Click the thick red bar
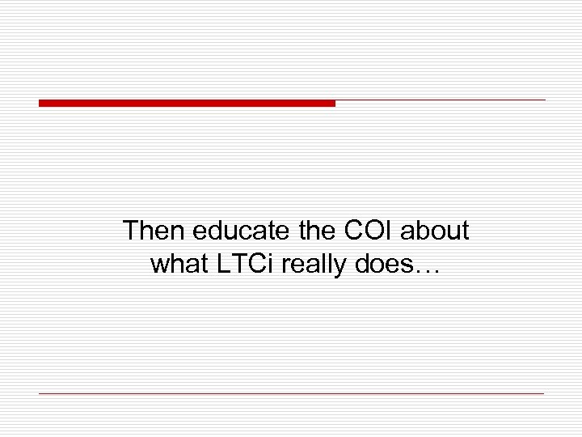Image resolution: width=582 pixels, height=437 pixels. [187, 103]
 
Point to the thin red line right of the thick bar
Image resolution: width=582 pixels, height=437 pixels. [441, 100]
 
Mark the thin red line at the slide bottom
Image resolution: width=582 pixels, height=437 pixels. [291, 393]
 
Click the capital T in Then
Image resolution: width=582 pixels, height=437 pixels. [130, 231]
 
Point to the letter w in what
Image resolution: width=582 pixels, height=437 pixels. [158, 265]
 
